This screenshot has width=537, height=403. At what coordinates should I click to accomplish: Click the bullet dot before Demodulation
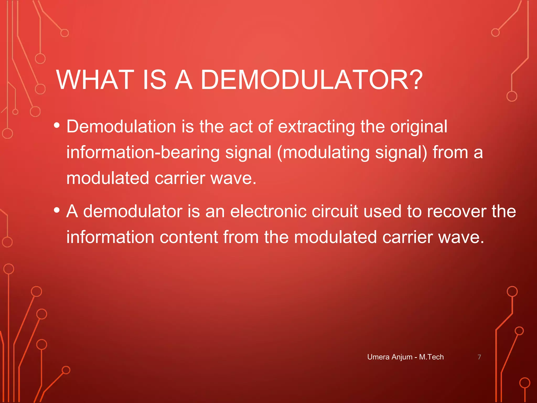(x=57, y=125)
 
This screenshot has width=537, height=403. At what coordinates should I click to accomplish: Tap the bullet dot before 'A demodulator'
(x=57, y=210)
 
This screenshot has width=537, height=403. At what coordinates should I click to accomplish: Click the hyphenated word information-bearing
(x=143, y=153)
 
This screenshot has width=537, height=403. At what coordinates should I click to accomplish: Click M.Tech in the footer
(x=431, y=357)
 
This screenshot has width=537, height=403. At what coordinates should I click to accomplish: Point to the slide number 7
(x=479, y=357)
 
